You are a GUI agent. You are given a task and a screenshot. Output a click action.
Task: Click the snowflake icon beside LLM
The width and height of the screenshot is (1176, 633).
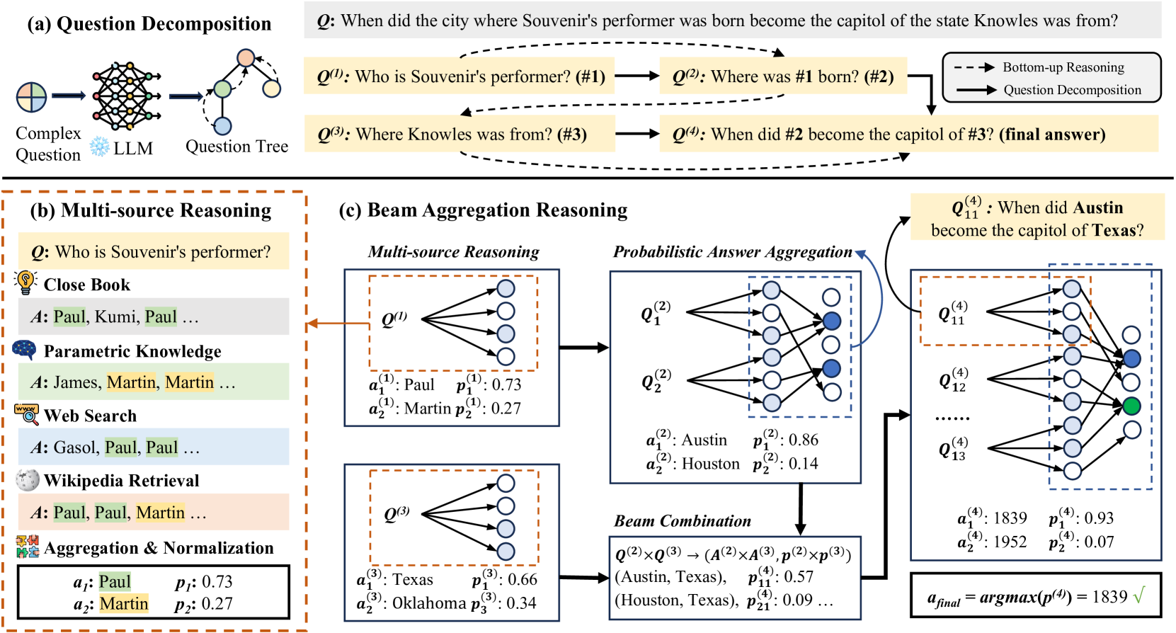(x=99, y=147)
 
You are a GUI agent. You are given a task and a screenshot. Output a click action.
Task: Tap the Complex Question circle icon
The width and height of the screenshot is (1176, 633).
(x=32, y=97)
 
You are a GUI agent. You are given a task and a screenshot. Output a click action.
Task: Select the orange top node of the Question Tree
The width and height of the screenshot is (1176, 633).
(x=245, y=57)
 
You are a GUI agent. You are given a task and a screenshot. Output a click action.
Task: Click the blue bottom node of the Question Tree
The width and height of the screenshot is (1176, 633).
(x=222, y=126)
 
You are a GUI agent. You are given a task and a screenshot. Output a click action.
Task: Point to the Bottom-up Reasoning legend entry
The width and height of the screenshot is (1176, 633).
(x=1063, y=67)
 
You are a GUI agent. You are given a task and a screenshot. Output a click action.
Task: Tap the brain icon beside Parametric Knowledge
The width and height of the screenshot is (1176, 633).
(x=25, y=349)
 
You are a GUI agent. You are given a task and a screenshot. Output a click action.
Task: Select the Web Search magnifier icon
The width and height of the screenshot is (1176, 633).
(x=27, y=414)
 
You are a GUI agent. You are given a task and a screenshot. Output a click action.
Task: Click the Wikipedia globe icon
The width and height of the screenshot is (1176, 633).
(x=27, y=480)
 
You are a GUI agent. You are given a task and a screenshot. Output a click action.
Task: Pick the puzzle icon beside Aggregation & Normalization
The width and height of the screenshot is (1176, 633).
(x=28, y=547)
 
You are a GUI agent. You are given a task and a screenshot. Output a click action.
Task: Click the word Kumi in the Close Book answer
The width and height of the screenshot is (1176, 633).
(x=115, y=316)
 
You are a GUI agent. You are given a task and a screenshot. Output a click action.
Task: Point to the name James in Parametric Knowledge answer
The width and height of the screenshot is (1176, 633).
(x=76, y=382)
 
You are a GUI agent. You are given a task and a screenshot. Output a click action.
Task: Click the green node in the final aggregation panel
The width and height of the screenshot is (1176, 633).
(x=1131, y=406)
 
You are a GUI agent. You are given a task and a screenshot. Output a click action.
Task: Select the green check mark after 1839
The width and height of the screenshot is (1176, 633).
(x=1138, y=596)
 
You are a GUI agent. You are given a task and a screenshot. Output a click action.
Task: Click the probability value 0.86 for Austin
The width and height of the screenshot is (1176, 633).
(x=804, y=440)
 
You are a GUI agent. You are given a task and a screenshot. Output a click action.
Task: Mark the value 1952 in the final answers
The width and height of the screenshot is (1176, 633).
(x=1010, y=542)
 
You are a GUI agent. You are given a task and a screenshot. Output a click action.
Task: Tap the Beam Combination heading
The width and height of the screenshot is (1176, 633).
(x=683, y=521)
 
